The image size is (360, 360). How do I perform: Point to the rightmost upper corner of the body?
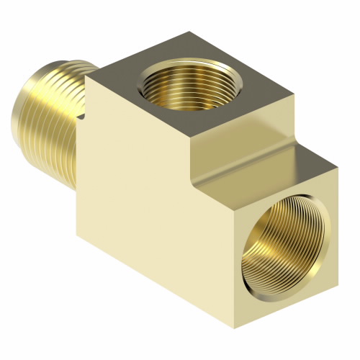coord(338,167)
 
